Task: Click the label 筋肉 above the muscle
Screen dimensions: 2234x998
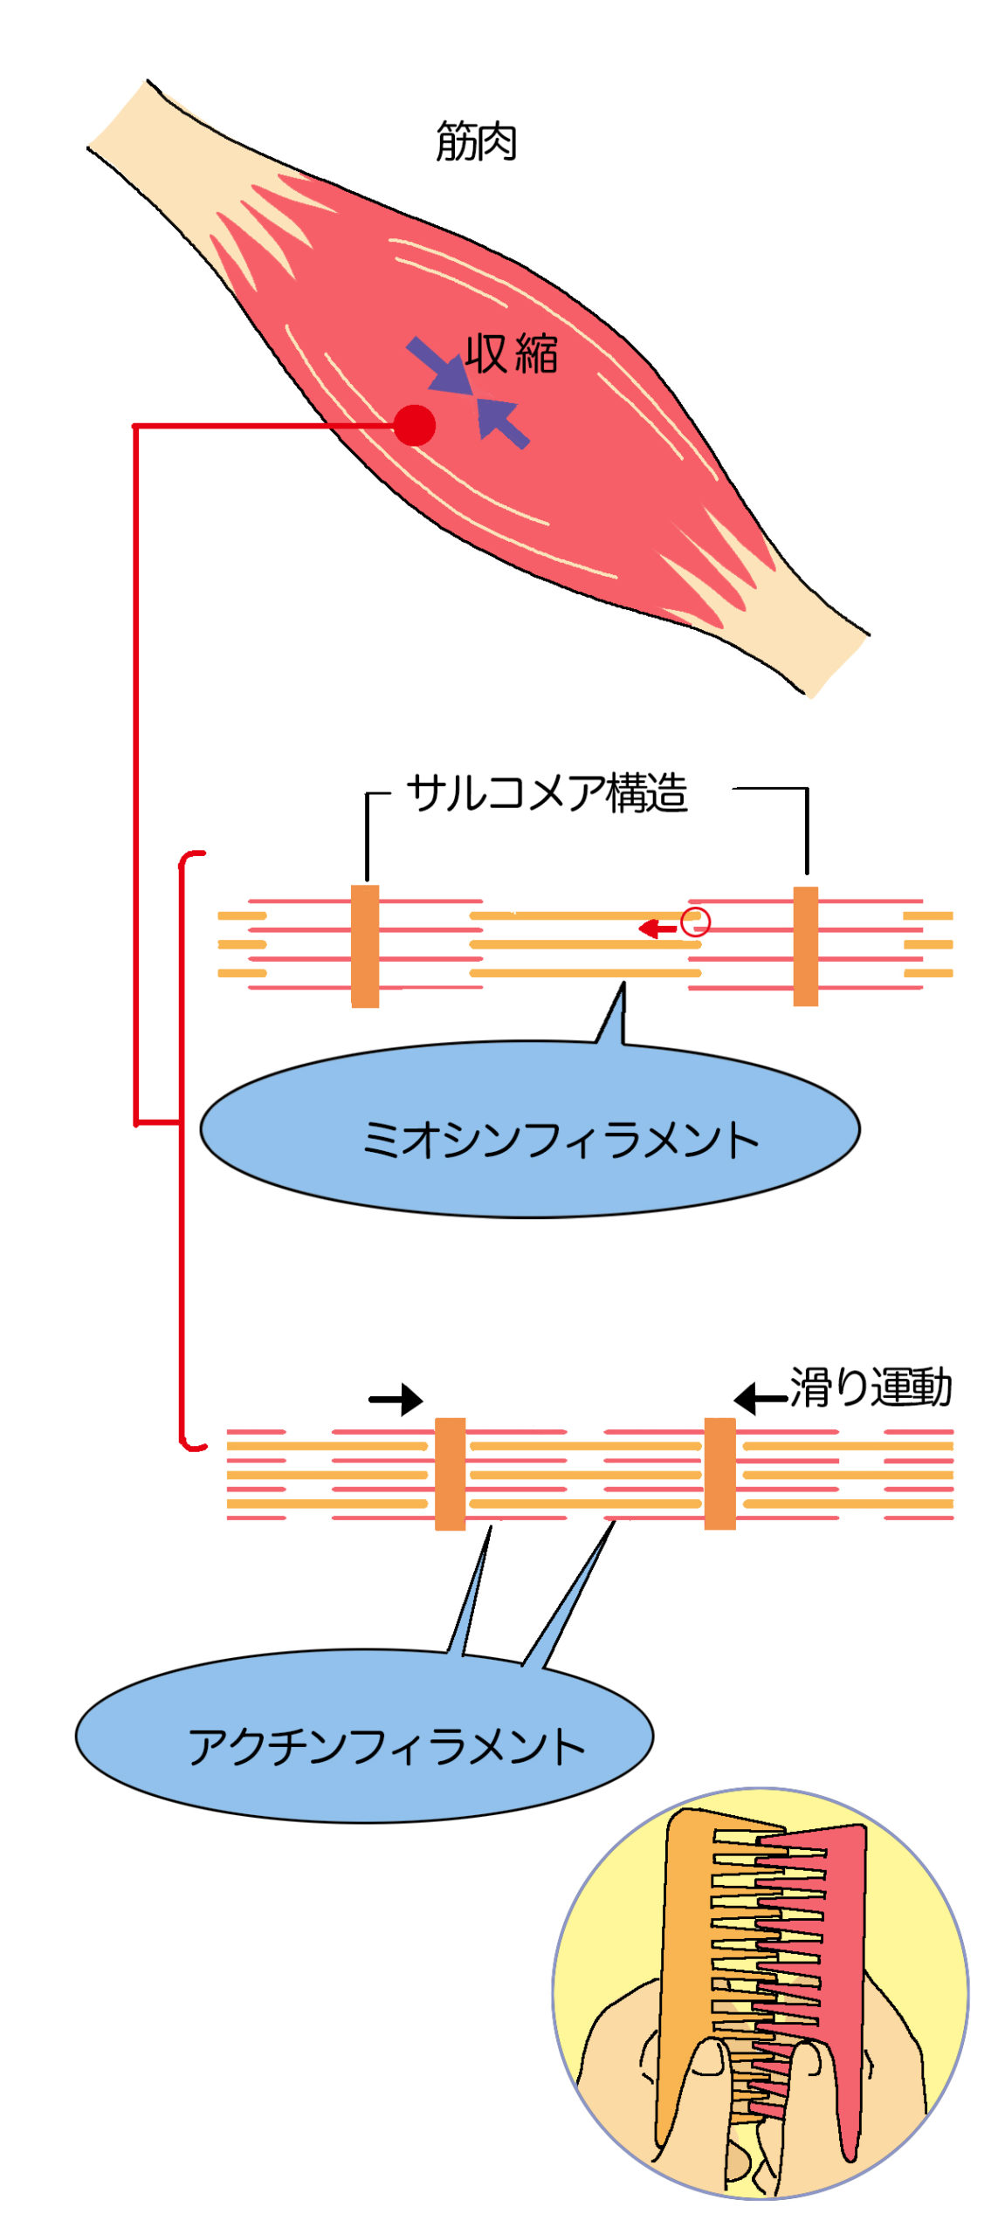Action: tap(476, 141)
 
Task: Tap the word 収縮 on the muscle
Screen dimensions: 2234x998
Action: tap(511, 353)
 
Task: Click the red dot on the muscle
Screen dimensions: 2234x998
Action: tap(414, 425)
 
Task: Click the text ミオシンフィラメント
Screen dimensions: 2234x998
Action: tap(560, 1139)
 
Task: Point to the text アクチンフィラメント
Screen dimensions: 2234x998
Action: tap(386, 1746)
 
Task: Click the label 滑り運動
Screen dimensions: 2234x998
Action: tap(870, 1387)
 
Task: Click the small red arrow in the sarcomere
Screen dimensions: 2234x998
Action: tap(657, 928)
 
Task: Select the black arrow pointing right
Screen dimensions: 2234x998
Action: tap(396, 1399)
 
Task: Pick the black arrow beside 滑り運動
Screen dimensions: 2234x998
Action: tap(759, 1399)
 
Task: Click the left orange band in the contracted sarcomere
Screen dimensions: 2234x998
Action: tap(450, 1473)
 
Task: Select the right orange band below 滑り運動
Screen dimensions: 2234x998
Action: tap(719, 1473)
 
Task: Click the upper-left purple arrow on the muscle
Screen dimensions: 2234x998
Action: tap(437, 364)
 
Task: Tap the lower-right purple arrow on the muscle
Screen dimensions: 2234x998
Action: tap(504, 422)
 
